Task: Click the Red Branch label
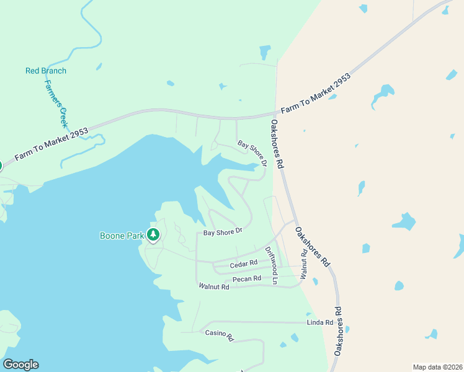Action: [46, 71]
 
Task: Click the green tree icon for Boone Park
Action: [153, 235]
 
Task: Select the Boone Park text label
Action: [122, 236]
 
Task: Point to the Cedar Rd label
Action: [243, 265]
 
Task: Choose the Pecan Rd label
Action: [246, 280]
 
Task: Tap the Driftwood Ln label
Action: [272, 266]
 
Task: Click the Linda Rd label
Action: [320, 323]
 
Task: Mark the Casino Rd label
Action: [219, 335]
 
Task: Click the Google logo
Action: [20, 365]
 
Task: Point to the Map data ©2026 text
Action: [437, 367]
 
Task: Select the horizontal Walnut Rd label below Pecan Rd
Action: [214, 286]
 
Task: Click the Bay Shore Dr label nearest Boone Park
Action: [222, 232]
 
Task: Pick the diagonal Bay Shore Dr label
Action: [252, 153]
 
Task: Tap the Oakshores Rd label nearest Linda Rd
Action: [338, 330]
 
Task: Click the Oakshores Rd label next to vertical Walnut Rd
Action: [312, 247]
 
